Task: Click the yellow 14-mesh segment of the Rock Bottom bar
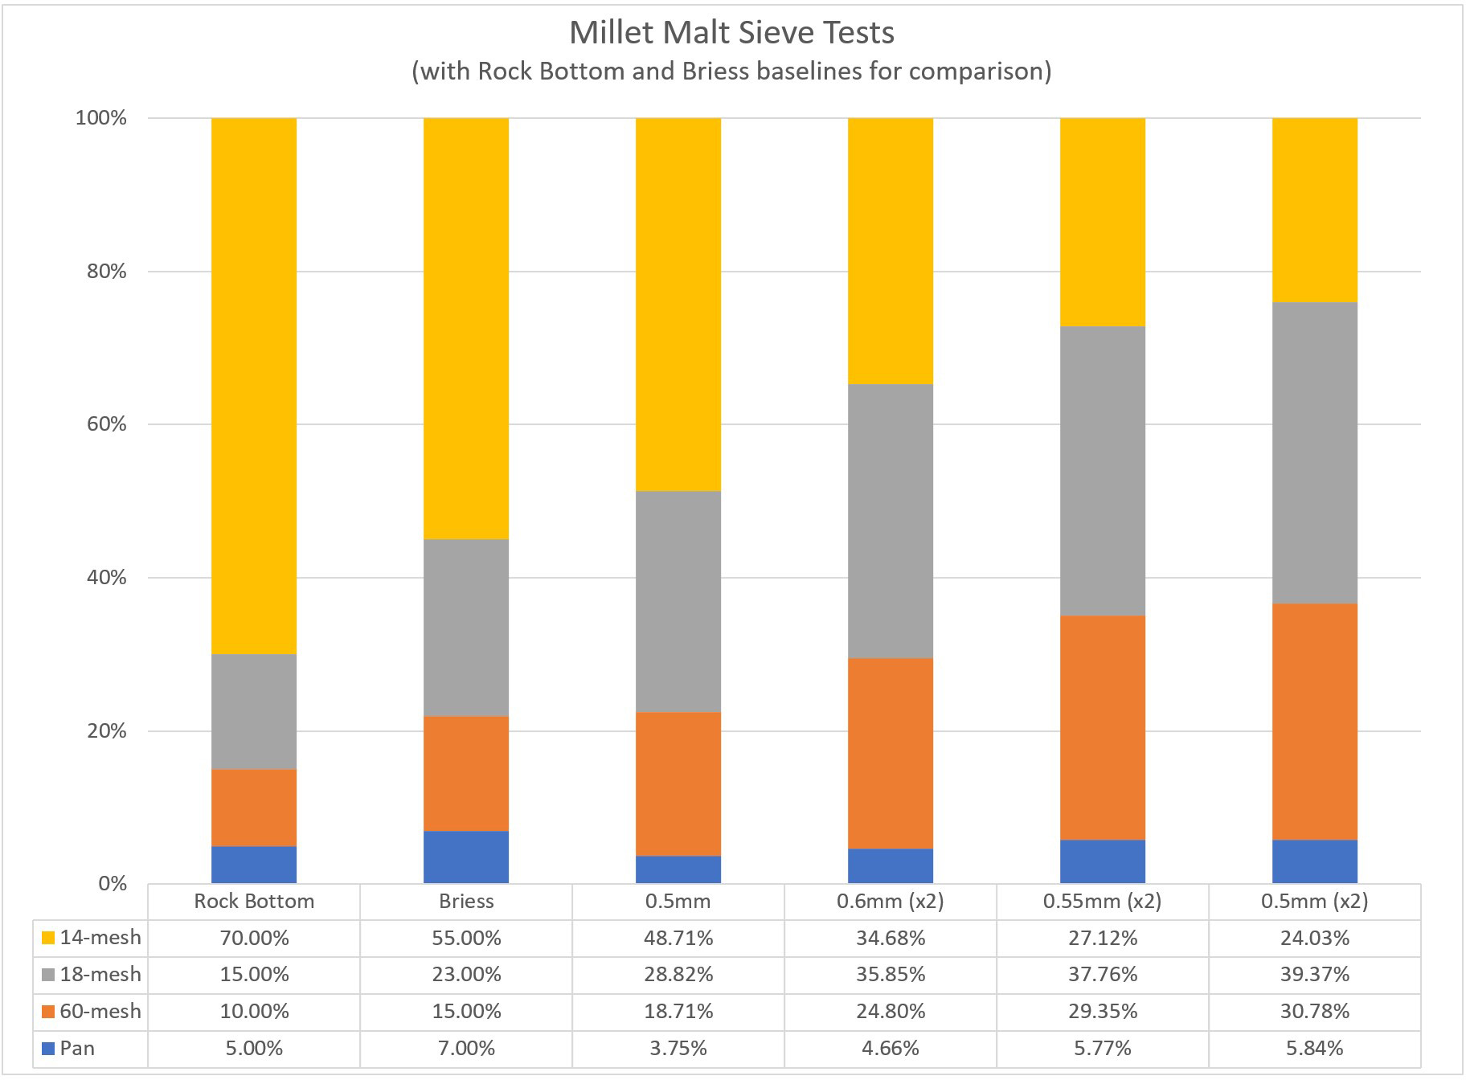254,386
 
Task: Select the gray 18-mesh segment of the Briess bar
466,628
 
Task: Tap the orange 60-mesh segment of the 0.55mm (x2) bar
1103,727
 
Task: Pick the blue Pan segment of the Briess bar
466,857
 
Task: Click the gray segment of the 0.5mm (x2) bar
1315,452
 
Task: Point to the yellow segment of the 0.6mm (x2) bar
891,251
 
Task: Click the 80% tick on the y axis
107,272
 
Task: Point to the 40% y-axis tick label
107,578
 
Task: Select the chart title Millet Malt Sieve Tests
731,33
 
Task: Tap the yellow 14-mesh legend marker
48,938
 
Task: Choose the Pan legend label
77,1049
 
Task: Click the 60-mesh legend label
100,1012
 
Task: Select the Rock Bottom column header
254,902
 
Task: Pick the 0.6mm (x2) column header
891,902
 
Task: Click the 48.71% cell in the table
678,939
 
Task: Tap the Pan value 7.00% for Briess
466,1049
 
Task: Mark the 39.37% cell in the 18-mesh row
1315,975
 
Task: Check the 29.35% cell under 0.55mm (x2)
1103,1012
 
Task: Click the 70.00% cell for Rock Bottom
254,939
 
